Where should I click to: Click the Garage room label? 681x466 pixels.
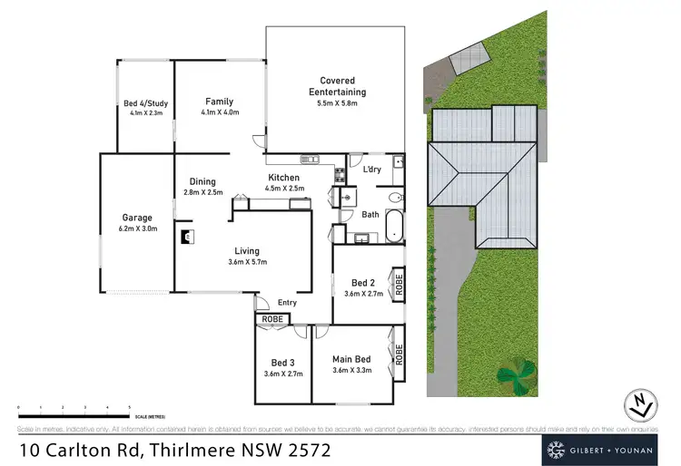pyautogui.click(x=137, y=218)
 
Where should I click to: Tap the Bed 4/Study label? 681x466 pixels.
pyautogui.click(x=145, y=104)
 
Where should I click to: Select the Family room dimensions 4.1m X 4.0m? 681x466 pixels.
pyautogui.click(x=220, y=112)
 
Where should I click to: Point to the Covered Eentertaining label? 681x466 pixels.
pyautogui.click(x=336, y=86)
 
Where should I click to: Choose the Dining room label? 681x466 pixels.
pyautogui.click(x=202, y=181)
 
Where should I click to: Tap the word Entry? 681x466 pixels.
pyautogui.click(x=288, y=303)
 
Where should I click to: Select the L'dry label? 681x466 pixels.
pyautogui.click(x=372, y=170)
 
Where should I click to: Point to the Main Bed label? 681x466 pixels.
pyautogui.click(x=353, y=359)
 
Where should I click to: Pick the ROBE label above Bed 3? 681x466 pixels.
pyautogui.click(x=271, y=319)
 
